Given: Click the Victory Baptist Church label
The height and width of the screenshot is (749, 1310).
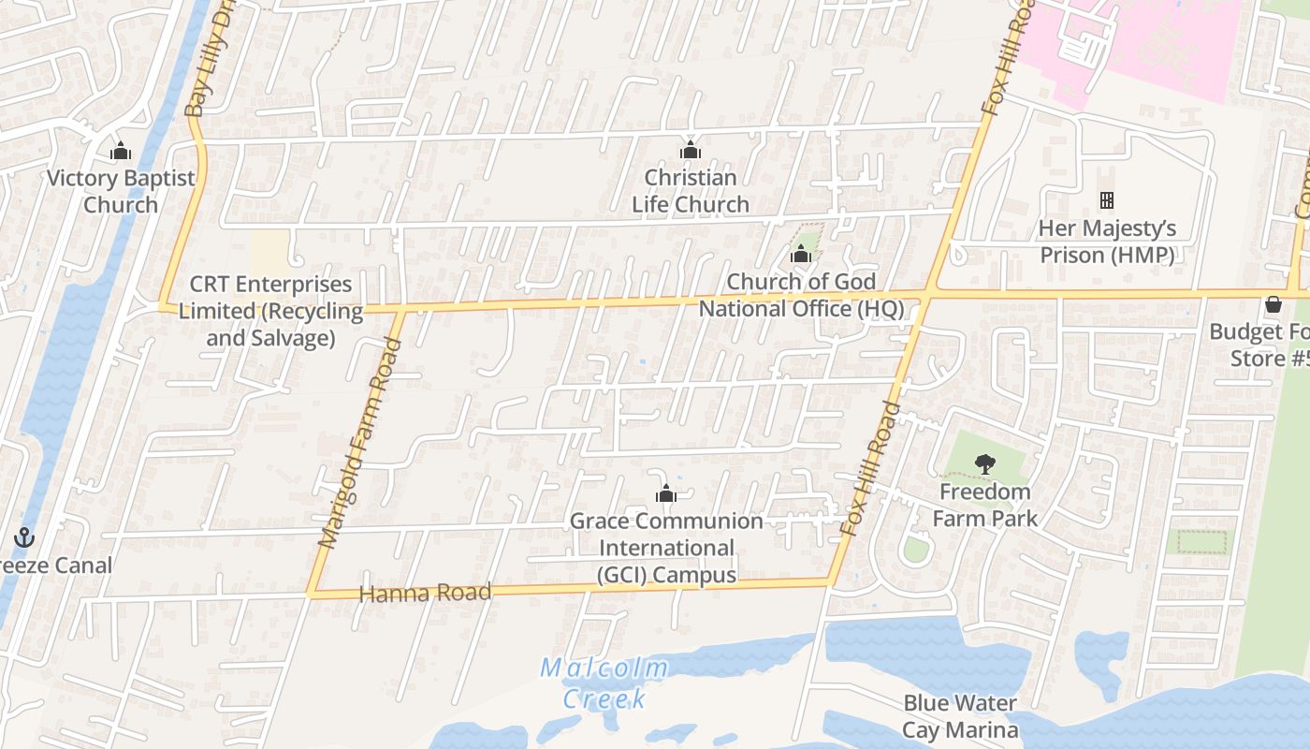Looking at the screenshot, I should tap(121, 191).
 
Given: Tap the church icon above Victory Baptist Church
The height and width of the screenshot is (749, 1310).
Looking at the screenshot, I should tap(121, 151).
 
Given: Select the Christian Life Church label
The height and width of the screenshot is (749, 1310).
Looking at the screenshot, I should tap(691, 191).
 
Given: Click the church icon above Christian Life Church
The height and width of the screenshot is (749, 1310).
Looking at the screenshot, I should tap(691, 150).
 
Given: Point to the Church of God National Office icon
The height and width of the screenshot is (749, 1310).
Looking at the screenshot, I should tap(800, 254).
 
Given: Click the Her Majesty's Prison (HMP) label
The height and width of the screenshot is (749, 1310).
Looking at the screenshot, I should tap(1107, 242).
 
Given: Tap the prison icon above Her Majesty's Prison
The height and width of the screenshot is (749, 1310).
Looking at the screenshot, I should tap(1107, 199).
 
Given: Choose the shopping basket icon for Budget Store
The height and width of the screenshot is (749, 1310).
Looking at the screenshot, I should tap(1273, 304).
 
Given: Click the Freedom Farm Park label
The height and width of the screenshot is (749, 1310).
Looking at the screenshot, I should tap(985, 505).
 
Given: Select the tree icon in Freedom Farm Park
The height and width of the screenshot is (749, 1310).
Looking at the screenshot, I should tap(984, 463).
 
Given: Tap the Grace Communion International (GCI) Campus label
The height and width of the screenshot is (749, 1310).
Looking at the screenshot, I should tap(667, 548).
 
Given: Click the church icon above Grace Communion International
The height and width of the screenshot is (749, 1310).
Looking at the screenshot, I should tap(666, 493).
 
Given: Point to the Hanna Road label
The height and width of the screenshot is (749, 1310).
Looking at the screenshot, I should tap(425, 594).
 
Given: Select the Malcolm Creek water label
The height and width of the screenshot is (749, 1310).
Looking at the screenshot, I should tap(605, 683).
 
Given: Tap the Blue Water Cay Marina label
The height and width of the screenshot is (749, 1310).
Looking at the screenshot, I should tap(960, 716).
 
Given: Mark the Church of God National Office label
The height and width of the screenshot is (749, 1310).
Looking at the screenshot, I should tap(802, 295).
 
